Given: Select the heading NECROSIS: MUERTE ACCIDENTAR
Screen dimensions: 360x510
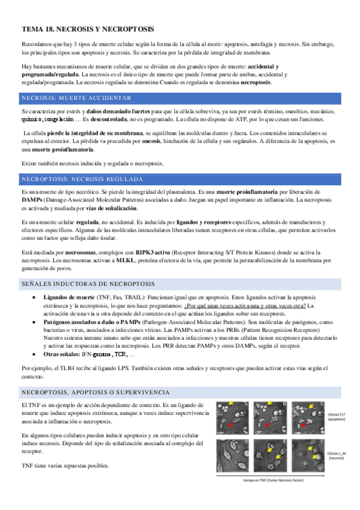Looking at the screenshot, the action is pos(76,98).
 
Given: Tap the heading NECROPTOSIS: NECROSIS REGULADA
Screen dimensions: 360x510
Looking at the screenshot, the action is pos(82,179).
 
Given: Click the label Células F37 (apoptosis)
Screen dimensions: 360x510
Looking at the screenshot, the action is pos(337,418).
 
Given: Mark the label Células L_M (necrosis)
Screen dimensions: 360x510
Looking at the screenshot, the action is pos(337,455).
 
